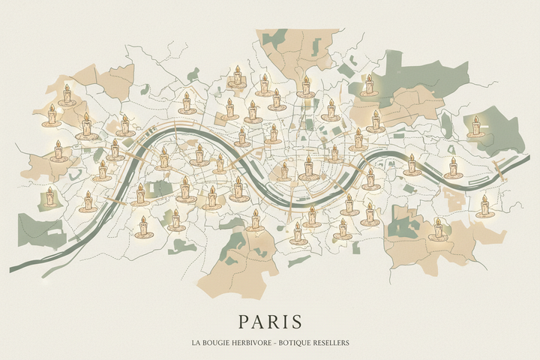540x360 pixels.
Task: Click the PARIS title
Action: click(270, 321)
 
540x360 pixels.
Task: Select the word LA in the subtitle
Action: click(196, 343)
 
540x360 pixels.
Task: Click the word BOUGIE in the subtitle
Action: click(218, 343)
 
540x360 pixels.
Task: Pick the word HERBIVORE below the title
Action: click(257, 343)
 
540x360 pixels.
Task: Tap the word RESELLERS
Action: click(333, 343)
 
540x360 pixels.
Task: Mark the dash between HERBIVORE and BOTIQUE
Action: click(282, 343)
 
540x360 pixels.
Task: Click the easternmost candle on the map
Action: click(484, 206)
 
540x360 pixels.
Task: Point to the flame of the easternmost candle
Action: click(484, 198)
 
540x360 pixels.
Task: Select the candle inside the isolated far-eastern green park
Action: click(475, 127)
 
